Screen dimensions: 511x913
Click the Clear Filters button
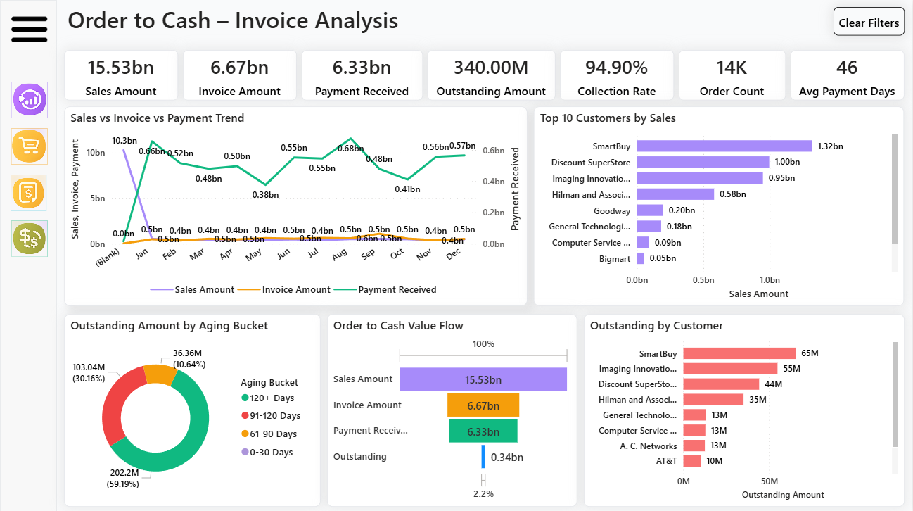(869, 22)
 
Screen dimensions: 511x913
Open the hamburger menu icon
(30, 30)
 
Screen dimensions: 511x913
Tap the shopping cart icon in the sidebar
(30, 146)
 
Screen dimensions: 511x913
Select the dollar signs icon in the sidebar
(30, 239)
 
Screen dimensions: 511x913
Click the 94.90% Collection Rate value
(616, 68)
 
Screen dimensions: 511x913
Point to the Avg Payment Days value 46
(847, 68)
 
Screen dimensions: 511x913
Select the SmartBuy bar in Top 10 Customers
(724, 146)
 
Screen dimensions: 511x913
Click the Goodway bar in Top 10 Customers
(650, 210)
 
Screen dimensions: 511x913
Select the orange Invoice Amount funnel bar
(483, 405)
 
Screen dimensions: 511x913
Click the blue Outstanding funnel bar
(483, 457)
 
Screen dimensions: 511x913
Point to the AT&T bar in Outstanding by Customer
(692, 461)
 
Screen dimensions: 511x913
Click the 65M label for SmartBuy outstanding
(810, 353)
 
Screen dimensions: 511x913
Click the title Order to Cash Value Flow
(398, 325)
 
